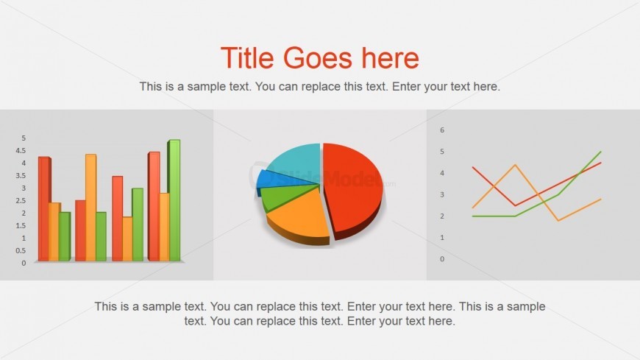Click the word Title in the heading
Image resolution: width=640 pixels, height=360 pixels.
[247, 57]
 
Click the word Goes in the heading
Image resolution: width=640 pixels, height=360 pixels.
[318, 57]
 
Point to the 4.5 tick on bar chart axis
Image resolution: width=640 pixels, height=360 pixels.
[21, 151]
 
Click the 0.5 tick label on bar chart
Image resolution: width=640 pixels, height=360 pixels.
[21, 251]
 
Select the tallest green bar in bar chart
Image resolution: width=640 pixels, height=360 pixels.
[174, 200]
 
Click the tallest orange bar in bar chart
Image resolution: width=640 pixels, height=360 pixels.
[90, 208]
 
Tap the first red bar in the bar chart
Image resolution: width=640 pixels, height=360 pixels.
[44, 209]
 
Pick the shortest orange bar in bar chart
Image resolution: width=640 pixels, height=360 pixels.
[127, 239]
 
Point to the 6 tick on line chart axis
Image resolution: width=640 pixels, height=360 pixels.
[442, 130]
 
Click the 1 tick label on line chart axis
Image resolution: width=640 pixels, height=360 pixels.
[442, 238]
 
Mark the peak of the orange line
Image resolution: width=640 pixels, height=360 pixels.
[515, 165]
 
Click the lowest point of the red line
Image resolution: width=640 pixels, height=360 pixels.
[515, 205]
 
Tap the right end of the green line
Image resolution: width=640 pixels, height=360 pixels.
[601, 152]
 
